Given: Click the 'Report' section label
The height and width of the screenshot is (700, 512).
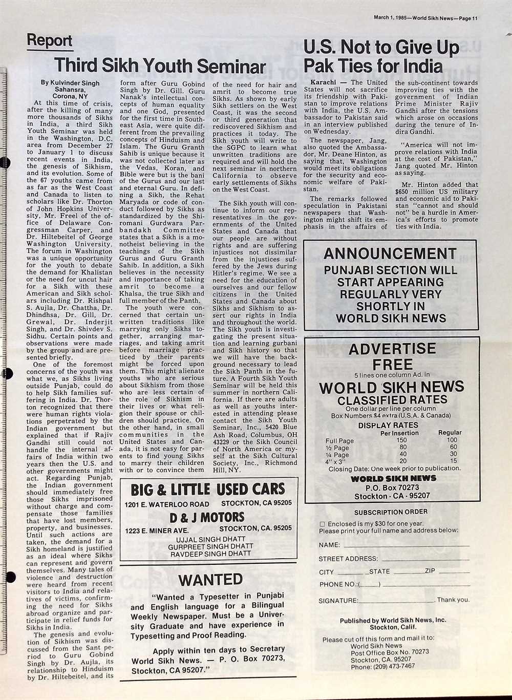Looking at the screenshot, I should click(x=50, y=40).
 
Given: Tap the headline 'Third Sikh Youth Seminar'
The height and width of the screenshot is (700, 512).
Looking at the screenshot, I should click(x=160, y=66).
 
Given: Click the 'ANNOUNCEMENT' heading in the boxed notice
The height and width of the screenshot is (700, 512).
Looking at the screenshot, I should click(x=390, y=253).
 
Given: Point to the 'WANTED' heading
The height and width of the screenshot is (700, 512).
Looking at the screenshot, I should click(x=210, y=580).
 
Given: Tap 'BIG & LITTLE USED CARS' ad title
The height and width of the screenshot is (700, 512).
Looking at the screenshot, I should click(x=207, y=490).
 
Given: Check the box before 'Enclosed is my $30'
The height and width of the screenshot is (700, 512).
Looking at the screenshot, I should click(x=322, y=524).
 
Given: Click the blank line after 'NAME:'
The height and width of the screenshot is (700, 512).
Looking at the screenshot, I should click(x=404, y=546).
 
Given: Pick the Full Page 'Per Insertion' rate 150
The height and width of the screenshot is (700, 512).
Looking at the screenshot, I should click(x=401, y=440).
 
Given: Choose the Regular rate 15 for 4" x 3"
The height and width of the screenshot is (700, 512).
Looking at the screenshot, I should click(x=453, y=461).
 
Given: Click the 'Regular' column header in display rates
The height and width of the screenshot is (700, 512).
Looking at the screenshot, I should click(x=450, y=433).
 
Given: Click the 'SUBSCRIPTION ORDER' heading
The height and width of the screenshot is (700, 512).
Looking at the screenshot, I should click(x=391, y=512).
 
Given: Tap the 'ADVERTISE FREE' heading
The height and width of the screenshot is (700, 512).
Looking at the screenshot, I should click(x=392, y=356).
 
